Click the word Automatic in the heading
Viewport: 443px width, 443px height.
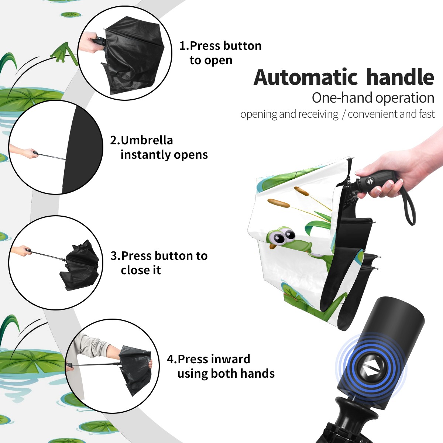pos(306,77)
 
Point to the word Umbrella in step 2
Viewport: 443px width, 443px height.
pos(147,140)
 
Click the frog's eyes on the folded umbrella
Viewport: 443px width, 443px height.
pos(283,237)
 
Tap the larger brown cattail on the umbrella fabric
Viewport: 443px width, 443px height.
pos(279,203)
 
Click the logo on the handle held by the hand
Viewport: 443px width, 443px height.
pos(369,181)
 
